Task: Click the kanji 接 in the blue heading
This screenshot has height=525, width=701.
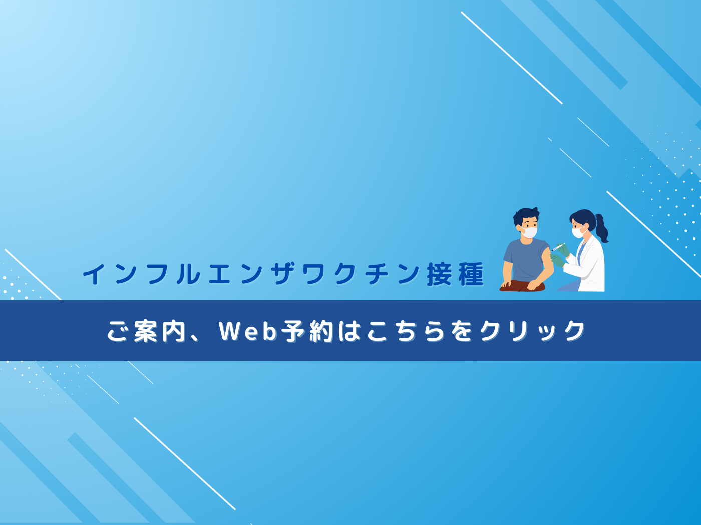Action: (x=439, y=274)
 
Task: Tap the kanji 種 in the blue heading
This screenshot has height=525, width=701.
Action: (x=471, y=274)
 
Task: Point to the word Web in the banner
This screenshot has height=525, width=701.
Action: (x=247, y=331)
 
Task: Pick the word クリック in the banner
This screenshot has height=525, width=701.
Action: (x=532, y=331)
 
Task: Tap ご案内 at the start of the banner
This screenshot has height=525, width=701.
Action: (x=146, y=331)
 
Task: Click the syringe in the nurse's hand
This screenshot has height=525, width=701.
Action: (x=557, y=247)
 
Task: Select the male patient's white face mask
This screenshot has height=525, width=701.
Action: (x=529, y=232)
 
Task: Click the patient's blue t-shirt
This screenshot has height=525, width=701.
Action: (x=527, y=260)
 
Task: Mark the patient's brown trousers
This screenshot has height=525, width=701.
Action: (x=522, y=286)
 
